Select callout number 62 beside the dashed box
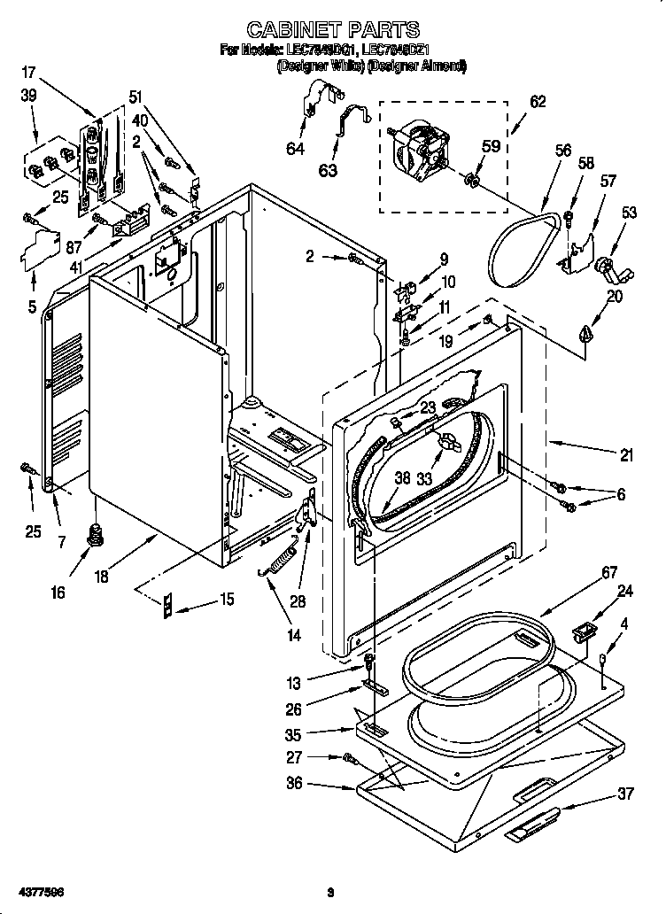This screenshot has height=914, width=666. tap(537, 102)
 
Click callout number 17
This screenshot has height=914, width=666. tap(29, 74)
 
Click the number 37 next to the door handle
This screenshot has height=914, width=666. tap(625, 794)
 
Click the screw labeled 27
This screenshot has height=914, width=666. tap(349, 758)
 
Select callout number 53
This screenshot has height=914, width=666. tap(629, 213)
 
